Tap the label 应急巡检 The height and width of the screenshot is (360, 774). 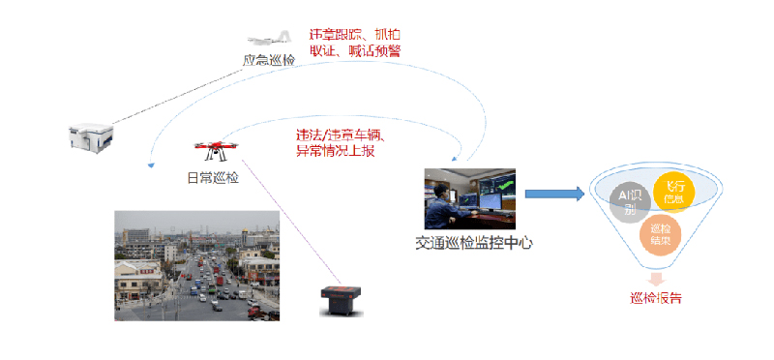[x=269, y=60]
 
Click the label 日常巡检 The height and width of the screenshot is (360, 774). [x=213, y=177]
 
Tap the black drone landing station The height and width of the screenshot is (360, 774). [x=342, y=301]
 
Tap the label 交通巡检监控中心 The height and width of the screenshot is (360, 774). [x=474, y=244]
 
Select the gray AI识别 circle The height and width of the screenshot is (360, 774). [x=630, y=201]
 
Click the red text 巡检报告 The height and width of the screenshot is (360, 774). [x=656, y=297]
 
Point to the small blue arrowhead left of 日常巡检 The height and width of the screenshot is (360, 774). [x=149, y=165]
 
